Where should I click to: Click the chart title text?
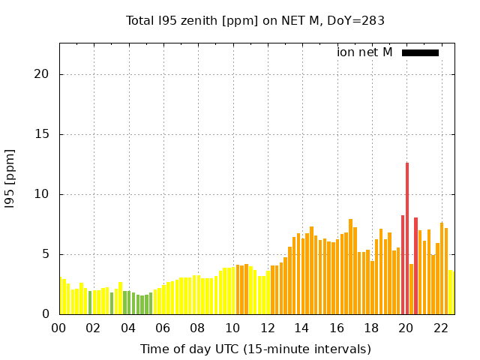pyautogui.click(x=255, y=20)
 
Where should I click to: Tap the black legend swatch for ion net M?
pyautogui.click(x=420, y=52)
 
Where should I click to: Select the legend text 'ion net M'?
pyautogui.click(x=364, y=52)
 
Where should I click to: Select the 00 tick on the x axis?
pyautogui.click(x=58, y=328)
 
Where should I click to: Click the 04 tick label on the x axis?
pyautogui.click(x=128, y=328)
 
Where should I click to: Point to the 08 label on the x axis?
pyautogui.click(x=198, y=328)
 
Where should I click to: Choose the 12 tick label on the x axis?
pyautogui.click(x=267, y=328)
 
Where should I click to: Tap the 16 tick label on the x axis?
pyautogui.click(x=337, y=328)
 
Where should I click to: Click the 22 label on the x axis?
pyautogui.click(x=441, y=328)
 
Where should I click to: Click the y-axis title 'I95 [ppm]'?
pyautogui.click(x=10, y=178)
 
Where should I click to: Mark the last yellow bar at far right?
pyautogui.click(x=451, y=292)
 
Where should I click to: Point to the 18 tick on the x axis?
pyautogui.click(x=371, y=328)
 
